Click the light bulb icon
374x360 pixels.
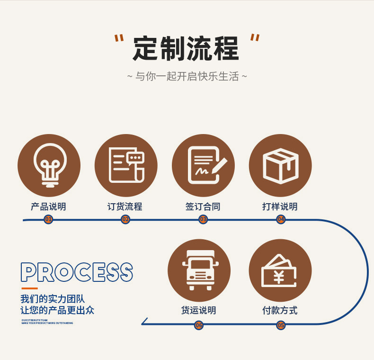pos(49,165)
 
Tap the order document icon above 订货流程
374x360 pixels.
pos(126,165)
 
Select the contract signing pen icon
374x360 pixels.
pos(203,165)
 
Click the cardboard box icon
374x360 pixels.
pos(280,165)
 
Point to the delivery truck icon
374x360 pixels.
pos(199,270)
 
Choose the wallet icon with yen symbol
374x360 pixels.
pos(280,270)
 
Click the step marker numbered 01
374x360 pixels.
pos(48,219)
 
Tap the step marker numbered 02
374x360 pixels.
pos(125,219)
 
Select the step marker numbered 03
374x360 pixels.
pos(203,219)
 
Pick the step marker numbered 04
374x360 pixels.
pos(281,219)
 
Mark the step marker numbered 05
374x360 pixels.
pos(281,325)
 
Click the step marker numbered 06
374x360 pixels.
pos(199,325)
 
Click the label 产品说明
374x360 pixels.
pos(48,207)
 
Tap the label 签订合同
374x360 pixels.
pos(203,207)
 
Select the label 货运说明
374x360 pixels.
pos(199,311)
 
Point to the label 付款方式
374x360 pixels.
pos(280,311)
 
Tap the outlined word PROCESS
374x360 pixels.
pos(77,273)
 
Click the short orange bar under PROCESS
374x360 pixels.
pos(29,288)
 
